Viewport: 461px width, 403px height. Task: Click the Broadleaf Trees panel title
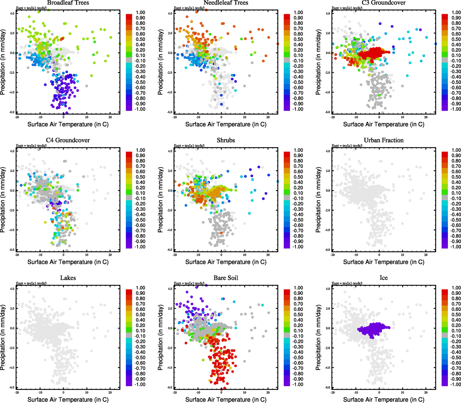(x=68, y=3)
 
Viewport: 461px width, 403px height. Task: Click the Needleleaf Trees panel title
(x=226, y=3)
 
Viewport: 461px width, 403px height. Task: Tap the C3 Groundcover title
(x=383, y=3)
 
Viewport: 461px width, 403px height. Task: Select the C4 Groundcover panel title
(x=68, y=140)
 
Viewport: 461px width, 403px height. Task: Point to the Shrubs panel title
(x=226, y=140)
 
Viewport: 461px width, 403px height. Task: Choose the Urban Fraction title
(x=383, y=140)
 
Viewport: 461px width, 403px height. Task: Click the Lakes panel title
(x=68, y=278)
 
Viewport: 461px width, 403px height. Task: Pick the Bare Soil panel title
(x=226, y=278)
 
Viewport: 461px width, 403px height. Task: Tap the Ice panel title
(x=383, y=278)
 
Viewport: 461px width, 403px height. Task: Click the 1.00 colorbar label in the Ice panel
(x=456, y=288)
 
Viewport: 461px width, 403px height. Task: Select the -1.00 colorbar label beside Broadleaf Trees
(x=140, y=109)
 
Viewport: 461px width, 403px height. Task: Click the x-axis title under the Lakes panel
(x=68, y=399)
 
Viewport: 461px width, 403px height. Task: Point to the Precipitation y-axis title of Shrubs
(x=160, y=200)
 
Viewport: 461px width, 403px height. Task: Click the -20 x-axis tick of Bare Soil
(x=175, y=392)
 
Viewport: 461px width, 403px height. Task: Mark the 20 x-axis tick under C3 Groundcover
(x=426, y=117)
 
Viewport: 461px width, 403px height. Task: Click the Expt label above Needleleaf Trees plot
(x=189, y=8)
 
